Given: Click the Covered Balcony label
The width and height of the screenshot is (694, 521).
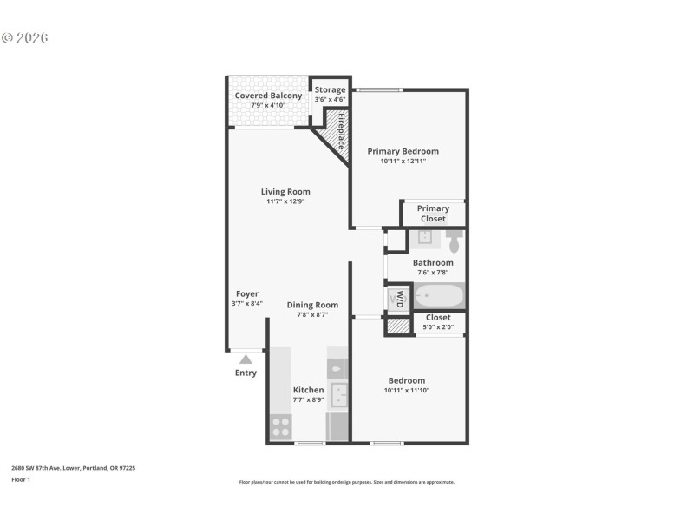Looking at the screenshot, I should [268, 96].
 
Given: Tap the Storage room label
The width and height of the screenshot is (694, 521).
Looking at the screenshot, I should [330, 89].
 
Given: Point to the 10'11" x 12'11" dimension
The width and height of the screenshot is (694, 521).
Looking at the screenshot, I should [403, 161].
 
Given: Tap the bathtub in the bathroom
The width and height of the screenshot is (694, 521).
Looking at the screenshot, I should [439, 296].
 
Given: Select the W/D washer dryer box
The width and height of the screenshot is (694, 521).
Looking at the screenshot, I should [398, 299].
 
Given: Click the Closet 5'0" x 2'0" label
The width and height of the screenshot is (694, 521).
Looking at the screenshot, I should [438, 318].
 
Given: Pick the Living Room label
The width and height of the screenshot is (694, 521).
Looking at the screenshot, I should [285, 192].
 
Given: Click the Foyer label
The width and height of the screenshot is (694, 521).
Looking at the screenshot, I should [247, 293].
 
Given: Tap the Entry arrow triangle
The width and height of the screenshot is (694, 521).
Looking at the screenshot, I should [246, 359].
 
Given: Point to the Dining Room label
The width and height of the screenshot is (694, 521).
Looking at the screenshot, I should [312, 305].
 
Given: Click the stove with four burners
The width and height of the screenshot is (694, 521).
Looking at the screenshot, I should [280, 426].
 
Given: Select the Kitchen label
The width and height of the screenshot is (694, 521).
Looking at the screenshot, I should [308, 390].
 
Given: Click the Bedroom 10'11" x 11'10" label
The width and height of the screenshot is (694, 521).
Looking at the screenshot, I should [406, 380].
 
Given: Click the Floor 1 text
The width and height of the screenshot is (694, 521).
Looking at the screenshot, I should [21, 479].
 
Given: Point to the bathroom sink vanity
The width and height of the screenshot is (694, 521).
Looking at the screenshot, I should [424, 238].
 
